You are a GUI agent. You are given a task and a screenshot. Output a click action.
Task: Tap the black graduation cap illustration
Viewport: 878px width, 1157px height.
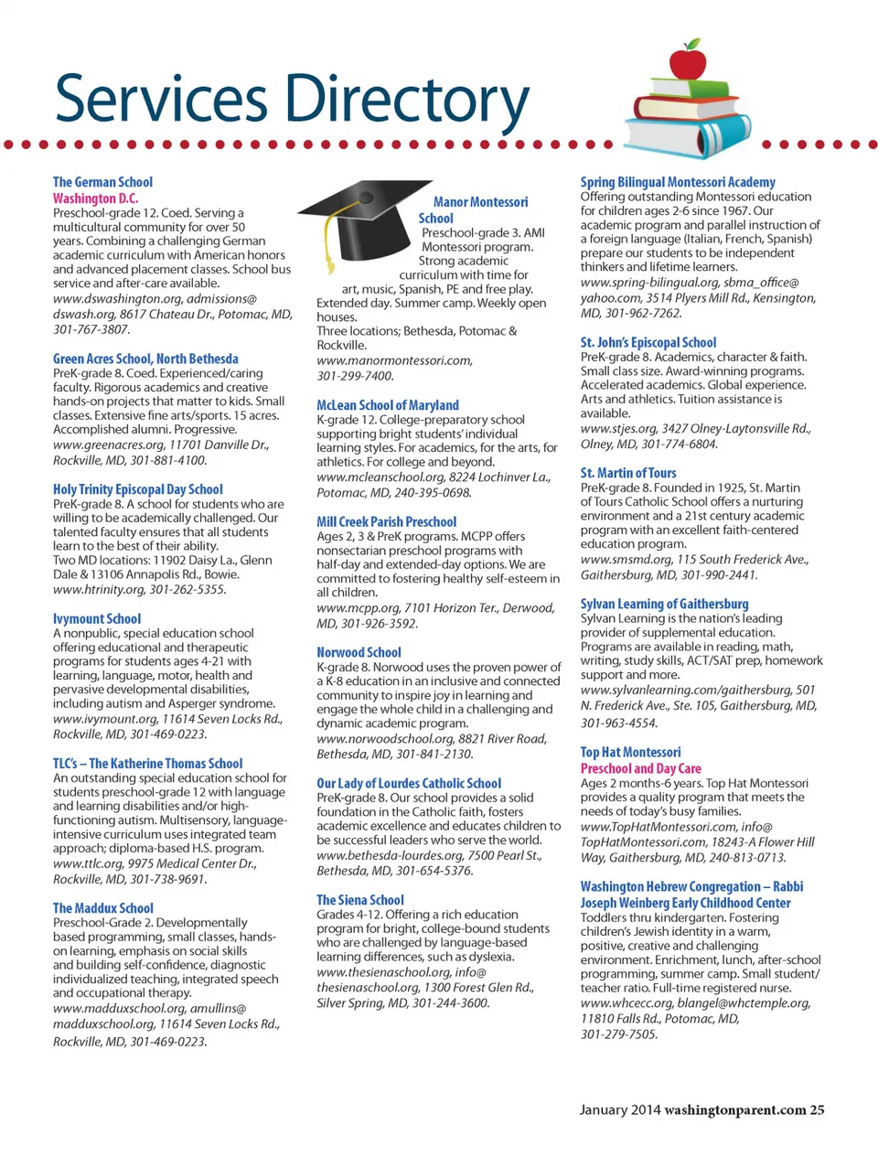(x=361, y=220)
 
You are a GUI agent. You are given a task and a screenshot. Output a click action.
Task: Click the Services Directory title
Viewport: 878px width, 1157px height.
(x=292, y=100)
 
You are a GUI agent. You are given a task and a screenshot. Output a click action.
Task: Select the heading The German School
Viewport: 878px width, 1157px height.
(x=102, y=182)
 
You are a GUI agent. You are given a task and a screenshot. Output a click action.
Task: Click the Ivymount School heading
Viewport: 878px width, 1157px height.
(x=97, y=619)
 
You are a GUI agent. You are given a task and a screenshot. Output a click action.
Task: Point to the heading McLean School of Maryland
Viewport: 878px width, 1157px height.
(x=388, y=405)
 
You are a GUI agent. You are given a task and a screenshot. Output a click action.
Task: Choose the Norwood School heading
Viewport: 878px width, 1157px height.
(x=359, y=652)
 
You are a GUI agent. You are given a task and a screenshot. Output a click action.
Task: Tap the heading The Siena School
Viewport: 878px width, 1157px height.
(x=360, y=900)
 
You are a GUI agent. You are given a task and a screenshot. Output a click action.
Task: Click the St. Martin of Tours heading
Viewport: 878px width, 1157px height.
(x=628, y=473)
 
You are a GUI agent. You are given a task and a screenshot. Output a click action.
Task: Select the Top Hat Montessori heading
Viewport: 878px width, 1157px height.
(x=630, y=752)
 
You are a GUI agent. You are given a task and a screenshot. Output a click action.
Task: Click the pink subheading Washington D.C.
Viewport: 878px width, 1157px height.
(x=95, y=198)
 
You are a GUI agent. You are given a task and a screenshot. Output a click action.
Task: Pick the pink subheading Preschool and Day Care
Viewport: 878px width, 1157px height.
(x=640, y=768)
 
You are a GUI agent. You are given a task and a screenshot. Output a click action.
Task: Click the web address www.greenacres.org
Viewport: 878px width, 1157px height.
(x=108, y=445)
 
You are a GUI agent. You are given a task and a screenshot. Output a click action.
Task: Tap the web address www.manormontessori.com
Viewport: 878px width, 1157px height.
(x=394, y=360)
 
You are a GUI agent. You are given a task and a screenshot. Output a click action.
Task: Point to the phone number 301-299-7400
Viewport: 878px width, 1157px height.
(x=355, y=376)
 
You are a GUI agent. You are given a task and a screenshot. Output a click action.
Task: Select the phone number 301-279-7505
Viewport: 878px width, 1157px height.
(x=618, y=1034)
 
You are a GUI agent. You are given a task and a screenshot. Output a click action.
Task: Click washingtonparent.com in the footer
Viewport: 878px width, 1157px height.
(x=735, y=1110)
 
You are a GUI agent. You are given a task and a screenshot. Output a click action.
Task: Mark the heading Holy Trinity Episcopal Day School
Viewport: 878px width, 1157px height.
(x=137, y=489)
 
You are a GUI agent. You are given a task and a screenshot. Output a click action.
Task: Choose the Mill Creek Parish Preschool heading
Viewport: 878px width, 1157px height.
(x=386, y=521)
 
